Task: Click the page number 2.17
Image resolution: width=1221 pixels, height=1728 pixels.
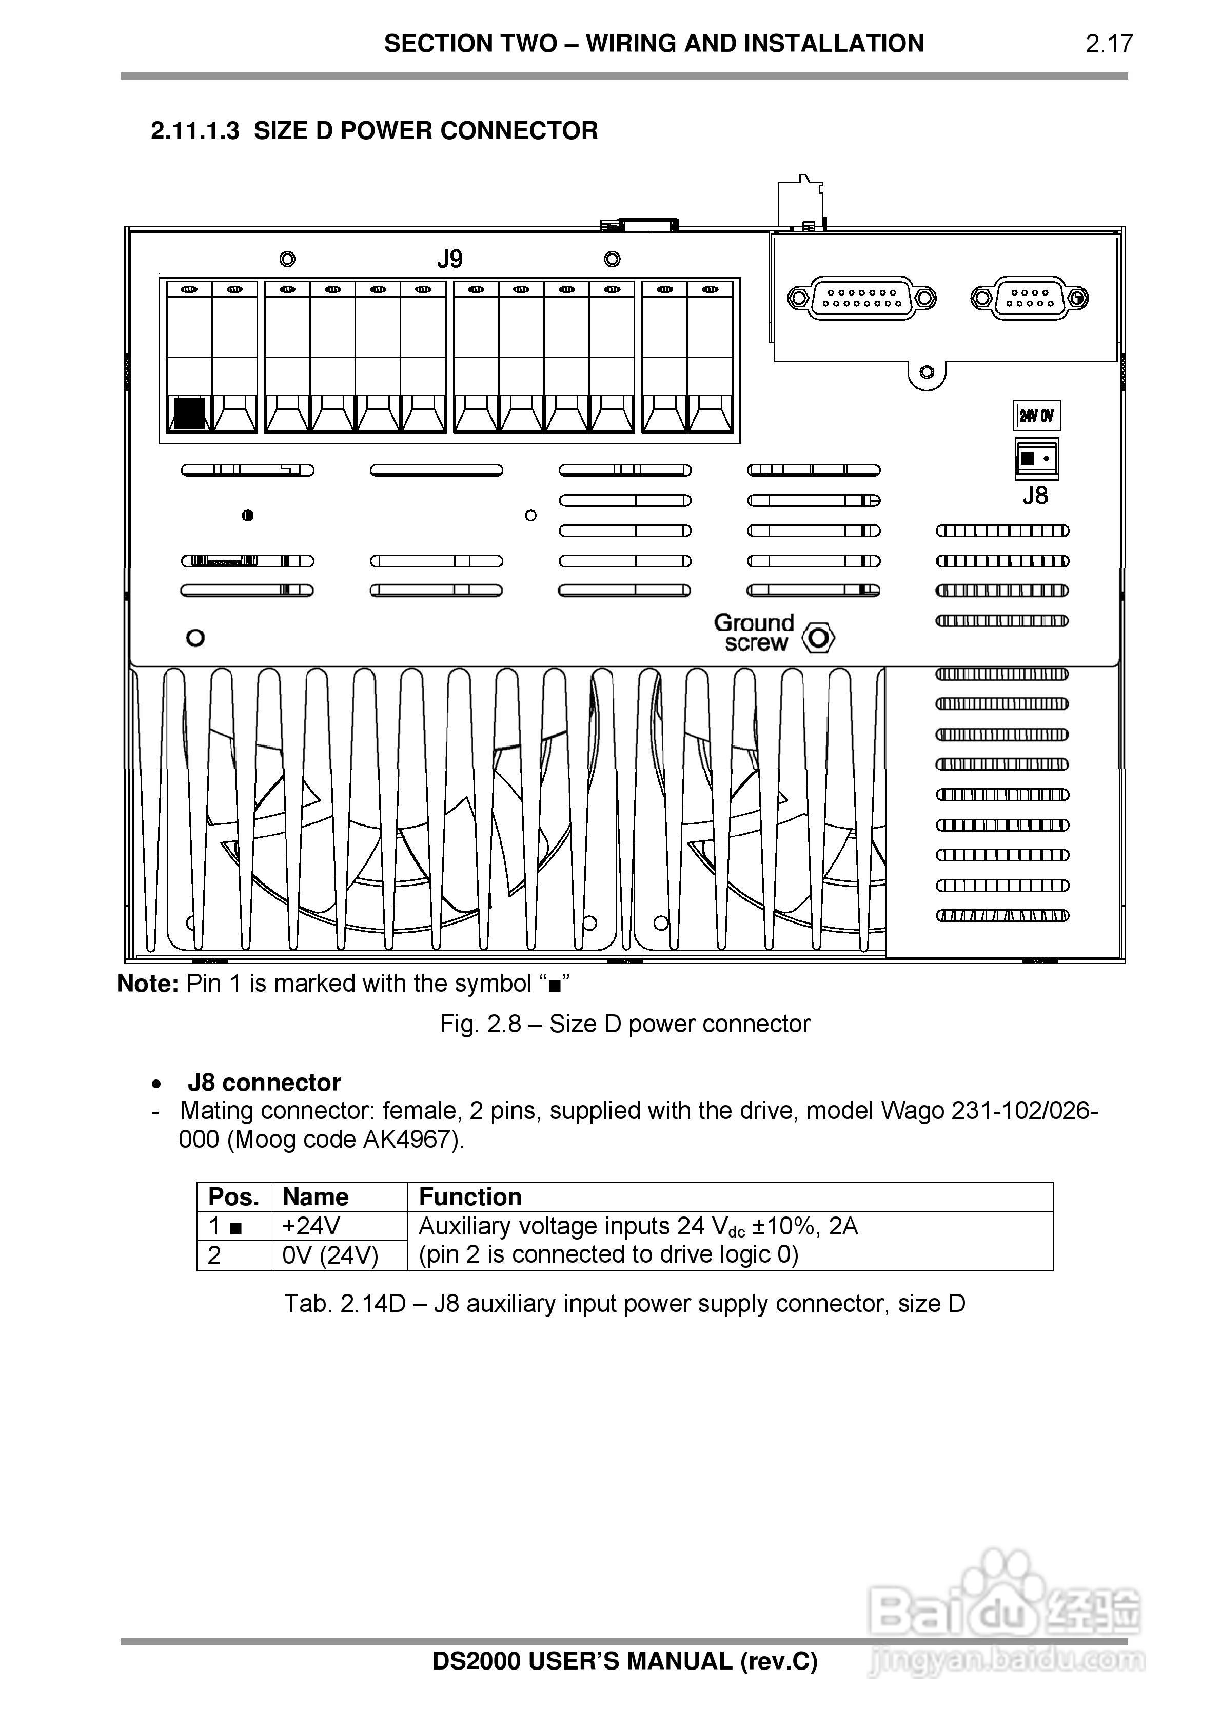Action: (x=1108, y=44)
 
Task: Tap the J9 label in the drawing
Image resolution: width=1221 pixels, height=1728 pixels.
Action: (x=449, y=260)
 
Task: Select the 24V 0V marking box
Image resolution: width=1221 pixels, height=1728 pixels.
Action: (x=1037, y=416)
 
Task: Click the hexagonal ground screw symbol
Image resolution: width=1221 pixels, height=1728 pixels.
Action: (x=818, y=638)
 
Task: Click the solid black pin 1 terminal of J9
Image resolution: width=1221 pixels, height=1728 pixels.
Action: (x=189, y=413)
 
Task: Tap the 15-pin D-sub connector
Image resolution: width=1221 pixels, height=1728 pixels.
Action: (x=862, y=298)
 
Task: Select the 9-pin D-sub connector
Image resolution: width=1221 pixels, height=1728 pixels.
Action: (x=1029, y=298)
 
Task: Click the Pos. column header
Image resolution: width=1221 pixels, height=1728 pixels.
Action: (x=233, y=1196)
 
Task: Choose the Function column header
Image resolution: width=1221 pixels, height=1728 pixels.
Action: (x=470, y=1196)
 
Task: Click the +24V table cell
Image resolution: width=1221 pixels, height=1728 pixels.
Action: (x=311, y=1226)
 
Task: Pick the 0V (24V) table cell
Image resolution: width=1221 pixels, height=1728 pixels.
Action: (x=330, y=1255)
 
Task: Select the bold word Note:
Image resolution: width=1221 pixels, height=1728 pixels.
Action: (x=148, y=984)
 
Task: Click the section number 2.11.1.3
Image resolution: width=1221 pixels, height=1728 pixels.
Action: (x=195, y=131)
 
